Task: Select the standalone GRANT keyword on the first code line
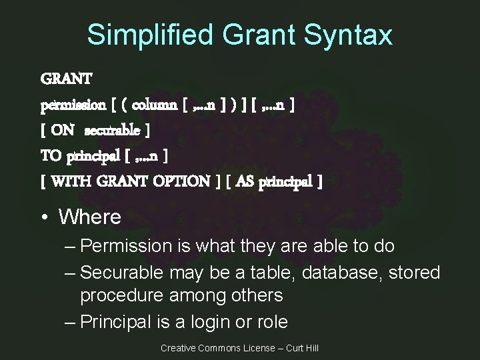[x=67, y=79]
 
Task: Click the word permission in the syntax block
[x=73, y=105]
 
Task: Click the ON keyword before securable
[x=63, y=131]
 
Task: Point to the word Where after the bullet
[x=90, y=217]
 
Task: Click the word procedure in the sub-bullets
[x=117, y=295]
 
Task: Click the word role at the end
[x=271, y=322]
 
